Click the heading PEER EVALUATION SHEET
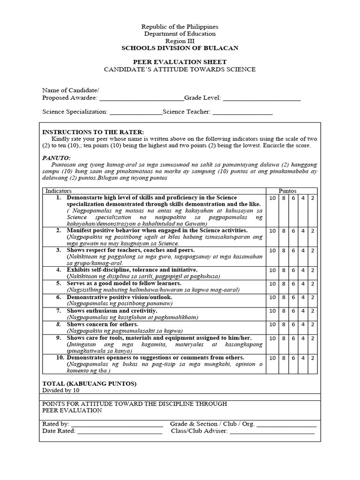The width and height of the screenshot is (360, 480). click(x=180, y=62)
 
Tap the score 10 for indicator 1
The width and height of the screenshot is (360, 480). click(x=272, y=198)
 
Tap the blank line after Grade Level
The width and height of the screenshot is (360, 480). click(x=261, y=98)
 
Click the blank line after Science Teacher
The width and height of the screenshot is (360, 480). click(x=242, y=112)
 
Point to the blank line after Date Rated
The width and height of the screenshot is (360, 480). click(x=120, y=431)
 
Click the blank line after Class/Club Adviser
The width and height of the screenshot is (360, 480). click(x=272, y=431)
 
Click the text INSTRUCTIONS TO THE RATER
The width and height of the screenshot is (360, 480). click(x=93, y=132)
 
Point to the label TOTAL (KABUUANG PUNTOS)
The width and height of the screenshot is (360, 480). click(x=90, y=383)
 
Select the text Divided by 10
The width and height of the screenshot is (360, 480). click(x=61, y=390)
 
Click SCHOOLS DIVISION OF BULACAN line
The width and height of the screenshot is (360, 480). click(x=180, y=48)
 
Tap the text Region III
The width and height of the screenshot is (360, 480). click(x=180, y=41)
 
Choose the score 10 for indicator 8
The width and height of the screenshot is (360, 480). click(x=272, y=324)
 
